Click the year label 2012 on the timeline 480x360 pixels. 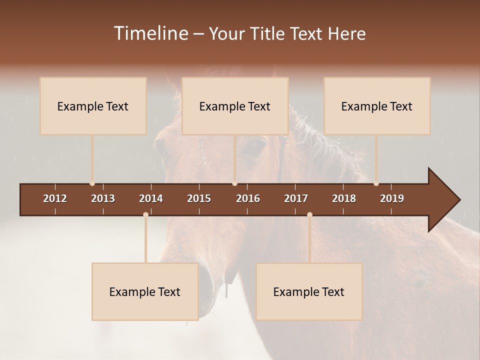(55, 198)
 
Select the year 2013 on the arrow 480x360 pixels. (103, 198)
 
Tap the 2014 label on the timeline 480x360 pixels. (151, 198)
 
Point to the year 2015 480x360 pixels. (199, 198)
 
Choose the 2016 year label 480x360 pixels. (248, 198)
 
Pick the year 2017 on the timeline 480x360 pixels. (296, 198)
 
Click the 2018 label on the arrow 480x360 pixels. (344, 198)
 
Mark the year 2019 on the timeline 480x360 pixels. (392, 198)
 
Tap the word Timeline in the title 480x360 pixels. (150, 33)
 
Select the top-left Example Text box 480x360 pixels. (93, 106)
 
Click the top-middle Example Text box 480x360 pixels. (235, 106)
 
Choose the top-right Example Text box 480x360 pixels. (377, 106)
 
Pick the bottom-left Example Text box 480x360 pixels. (145, 291)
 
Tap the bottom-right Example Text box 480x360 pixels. (309, 291)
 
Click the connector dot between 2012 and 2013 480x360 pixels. (92, 183)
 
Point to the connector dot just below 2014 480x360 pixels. (145, 214)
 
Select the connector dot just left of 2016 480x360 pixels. (234, 183)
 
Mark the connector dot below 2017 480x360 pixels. (309, 214)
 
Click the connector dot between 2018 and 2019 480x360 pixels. (376, 183)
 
